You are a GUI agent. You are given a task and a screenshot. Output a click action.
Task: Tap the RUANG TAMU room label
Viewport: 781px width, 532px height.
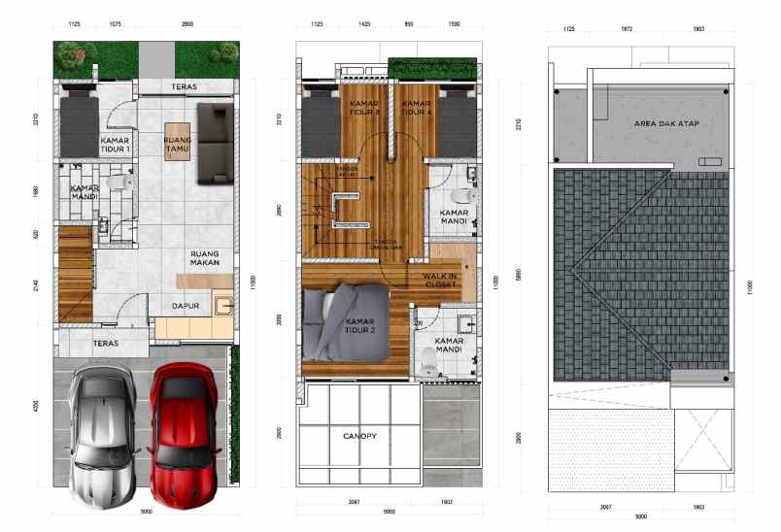pyautogui.click(x=178, y=144)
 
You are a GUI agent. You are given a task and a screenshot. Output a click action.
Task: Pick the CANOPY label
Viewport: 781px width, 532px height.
pyautogui.click(x=358, y=436)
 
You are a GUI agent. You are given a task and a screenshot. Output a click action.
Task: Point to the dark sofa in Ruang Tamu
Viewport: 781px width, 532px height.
pyautogui.click(x=216, y=143)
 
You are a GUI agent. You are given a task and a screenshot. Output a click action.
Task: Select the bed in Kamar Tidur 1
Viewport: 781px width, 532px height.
pyautogui.click(x=77, y=126)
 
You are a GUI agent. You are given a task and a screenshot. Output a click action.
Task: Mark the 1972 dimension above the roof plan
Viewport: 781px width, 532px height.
pyautogui.click(x=628, y=29)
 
